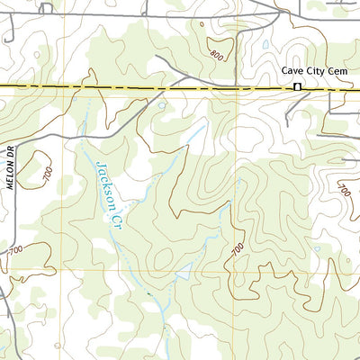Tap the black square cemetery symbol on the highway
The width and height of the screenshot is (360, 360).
297,87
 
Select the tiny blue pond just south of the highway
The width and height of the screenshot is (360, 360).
162,104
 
